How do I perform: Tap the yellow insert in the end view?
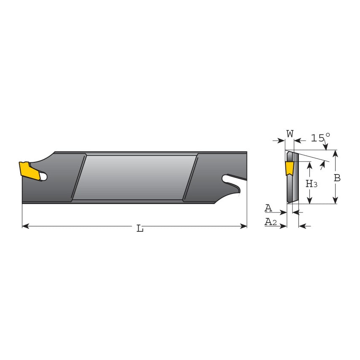click(289, 169)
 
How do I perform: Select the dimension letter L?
click(140, 229)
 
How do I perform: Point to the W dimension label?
click(290, 134)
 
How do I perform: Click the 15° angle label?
click(320, 138)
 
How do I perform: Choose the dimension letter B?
click(337, 178)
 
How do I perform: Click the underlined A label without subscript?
click(268, 208)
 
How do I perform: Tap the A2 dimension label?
click(270, 222)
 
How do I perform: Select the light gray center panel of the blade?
click(134, 177)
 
